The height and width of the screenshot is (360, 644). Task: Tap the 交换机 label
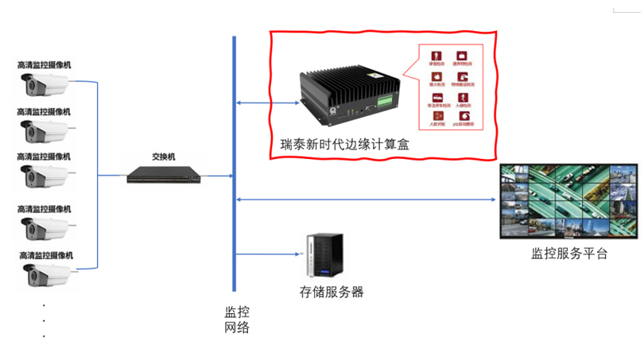[164, 157]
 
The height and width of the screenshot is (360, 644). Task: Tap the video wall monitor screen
[568, 201]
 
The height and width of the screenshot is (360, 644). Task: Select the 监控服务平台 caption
[568, 254]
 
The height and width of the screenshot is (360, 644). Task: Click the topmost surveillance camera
[46, 83]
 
